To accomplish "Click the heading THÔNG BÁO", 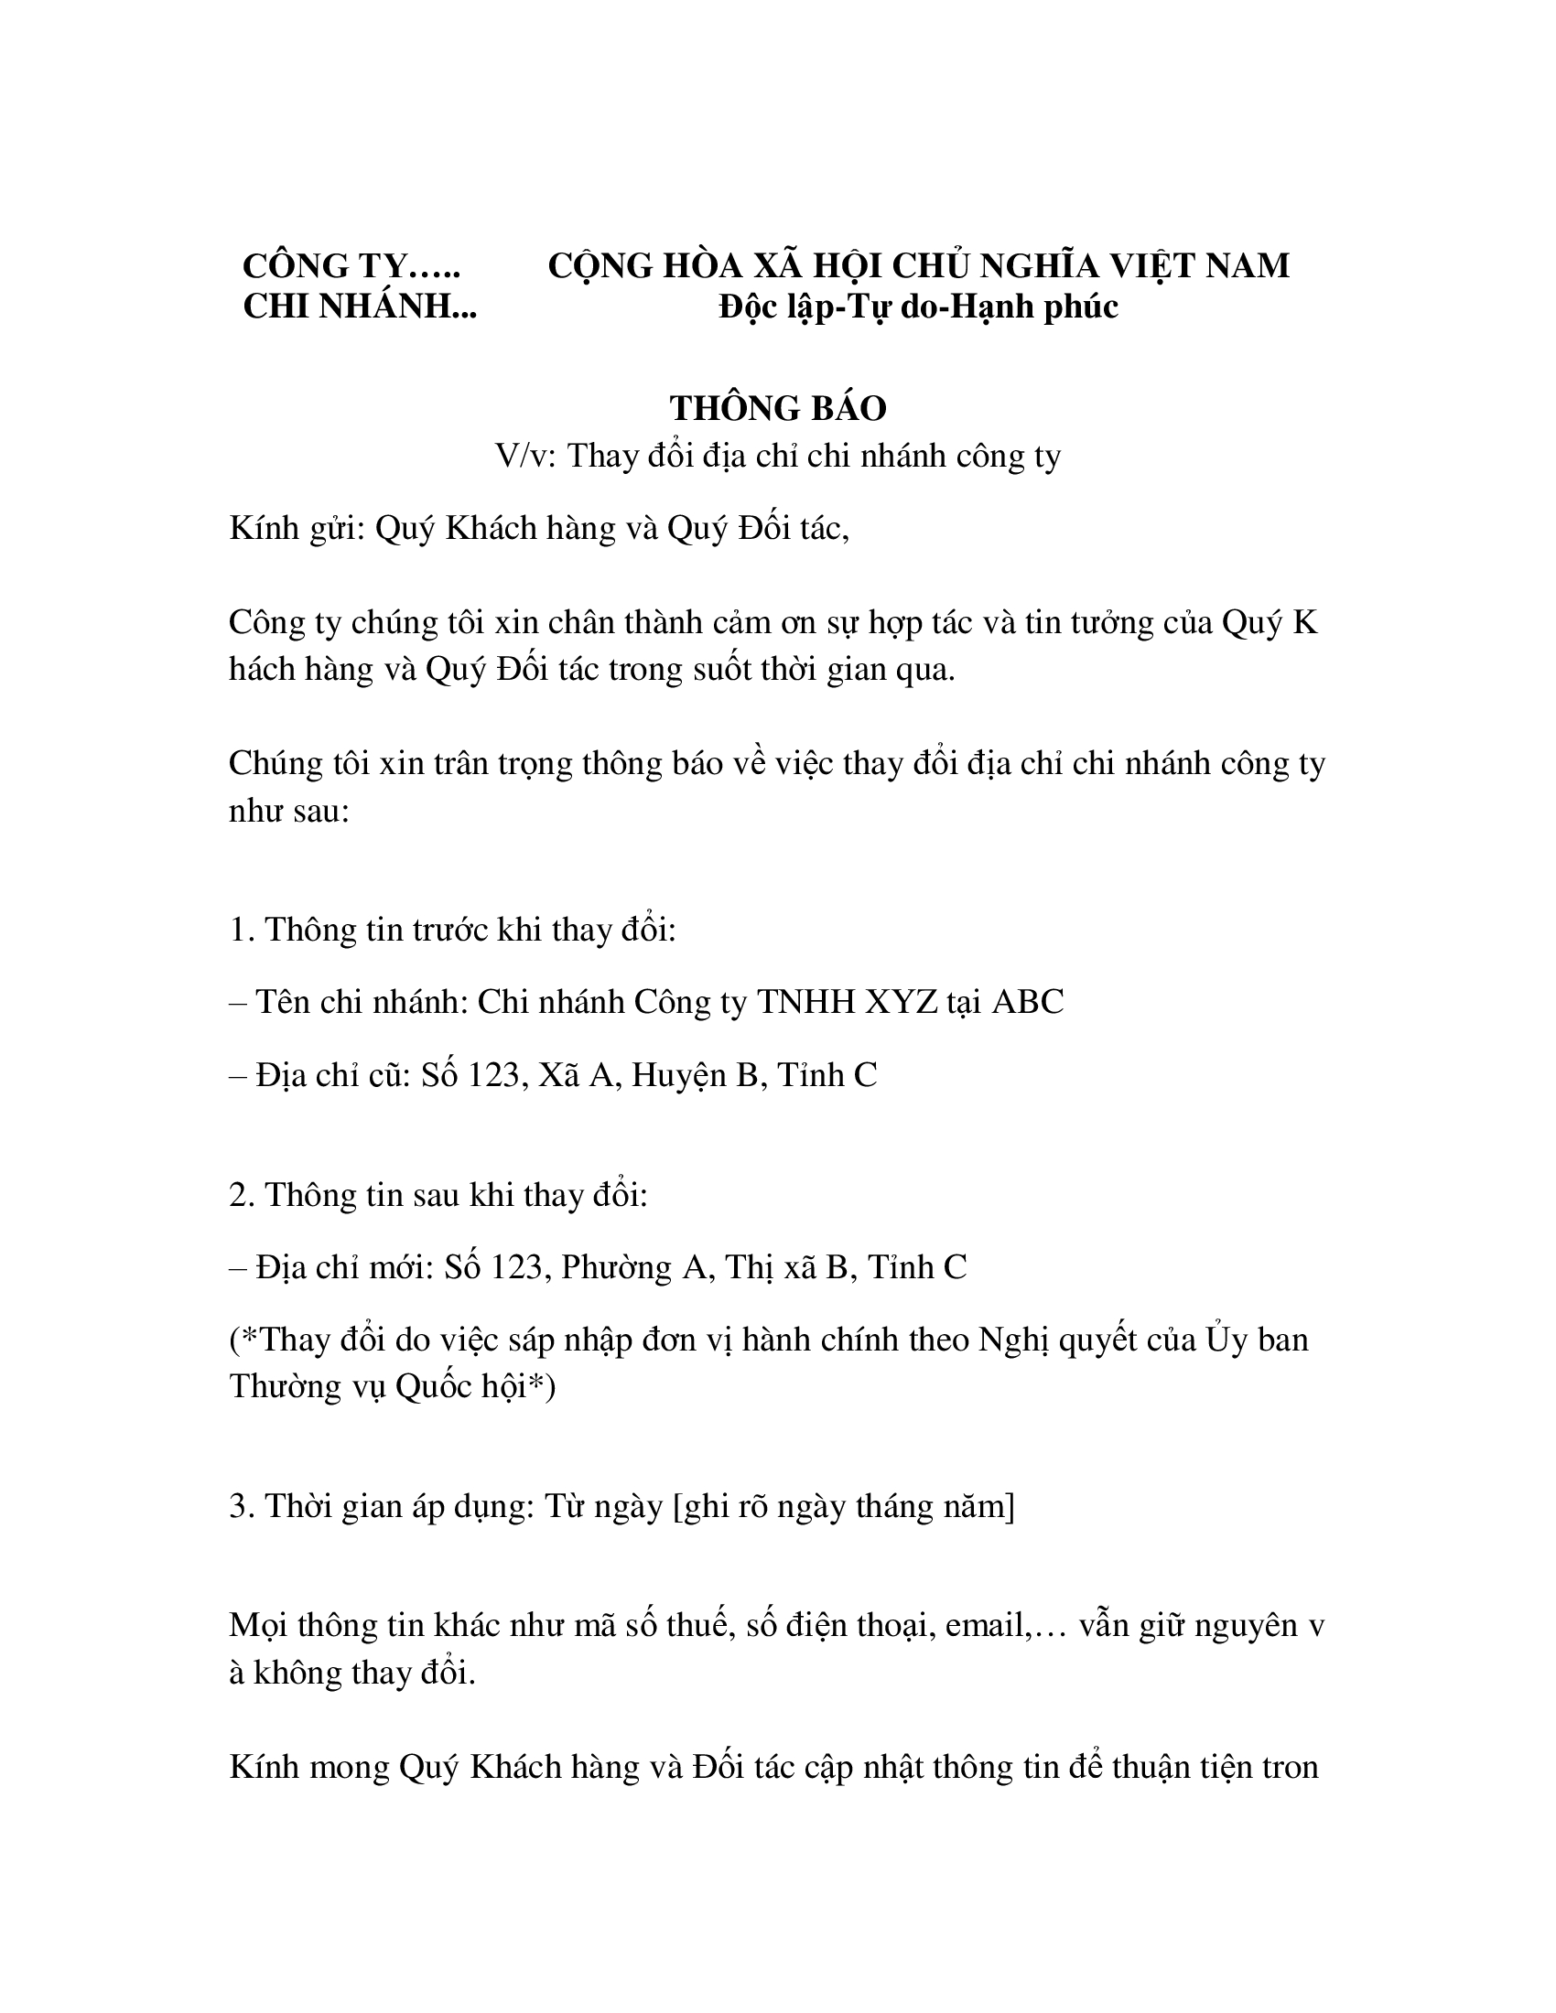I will point(777,408).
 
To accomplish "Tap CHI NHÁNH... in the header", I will point(360,307).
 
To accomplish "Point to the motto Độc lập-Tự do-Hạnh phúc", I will point(918,307).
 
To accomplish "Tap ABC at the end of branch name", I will point(1028,1002).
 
